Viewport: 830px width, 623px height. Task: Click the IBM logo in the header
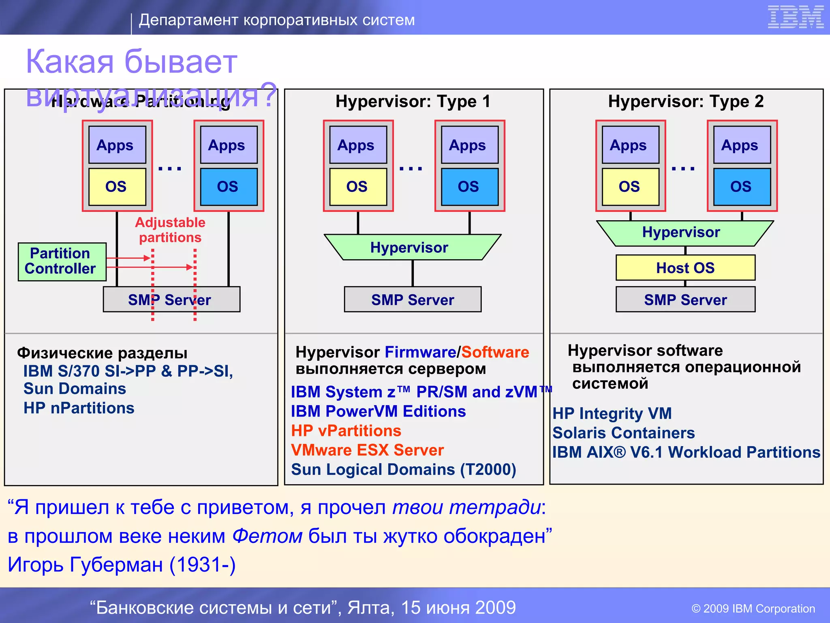[796, 17]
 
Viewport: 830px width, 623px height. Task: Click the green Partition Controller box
[62, 262]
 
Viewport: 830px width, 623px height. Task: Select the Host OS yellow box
[685, 268]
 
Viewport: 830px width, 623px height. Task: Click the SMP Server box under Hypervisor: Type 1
[413, 300]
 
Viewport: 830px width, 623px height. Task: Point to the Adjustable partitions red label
[170, 230]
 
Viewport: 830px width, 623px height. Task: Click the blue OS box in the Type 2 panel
[742, 187]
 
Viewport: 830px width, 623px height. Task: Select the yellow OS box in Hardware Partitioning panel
[117, 187]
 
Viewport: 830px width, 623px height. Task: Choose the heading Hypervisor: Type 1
[413, 101]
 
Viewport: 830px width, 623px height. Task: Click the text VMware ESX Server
[367, 450]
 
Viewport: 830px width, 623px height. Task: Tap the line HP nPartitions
[79, 408]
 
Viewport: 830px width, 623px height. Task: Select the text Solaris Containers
[623, 433]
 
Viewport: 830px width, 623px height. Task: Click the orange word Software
[495, 352]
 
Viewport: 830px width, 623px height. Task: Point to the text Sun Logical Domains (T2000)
[403, 470]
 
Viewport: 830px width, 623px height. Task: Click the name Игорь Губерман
[85, 565]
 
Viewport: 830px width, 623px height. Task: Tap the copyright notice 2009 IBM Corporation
[753, 608]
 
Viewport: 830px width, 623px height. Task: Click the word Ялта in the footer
[370, 608]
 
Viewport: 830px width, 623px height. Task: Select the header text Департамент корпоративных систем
[277, 20]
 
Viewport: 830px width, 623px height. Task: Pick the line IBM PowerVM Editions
[378, 411]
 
